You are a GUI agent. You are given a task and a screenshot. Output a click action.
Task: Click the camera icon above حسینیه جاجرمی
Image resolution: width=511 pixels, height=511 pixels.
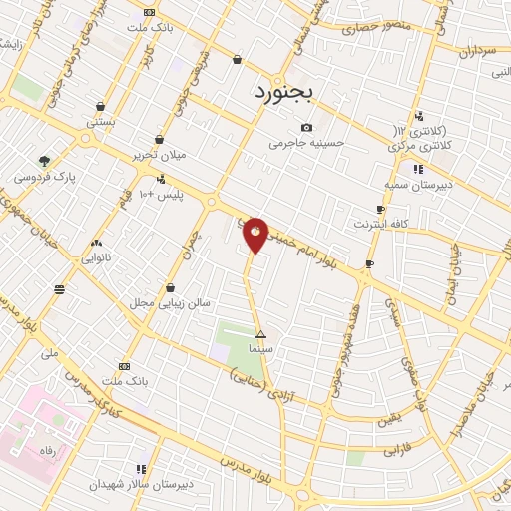click(x=306, y=127)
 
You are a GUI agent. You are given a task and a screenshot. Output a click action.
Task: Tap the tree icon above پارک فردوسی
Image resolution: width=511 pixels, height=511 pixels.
click(x=44, y=160)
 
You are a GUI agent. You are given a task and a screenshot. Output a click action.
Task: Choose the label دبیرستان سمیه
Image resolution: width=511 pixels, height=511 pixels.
click(x=419, y=185)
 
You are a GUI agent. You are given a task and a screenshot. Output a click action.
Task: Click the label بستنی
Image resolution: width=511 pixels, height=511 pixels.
click(x=100, y=121)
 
